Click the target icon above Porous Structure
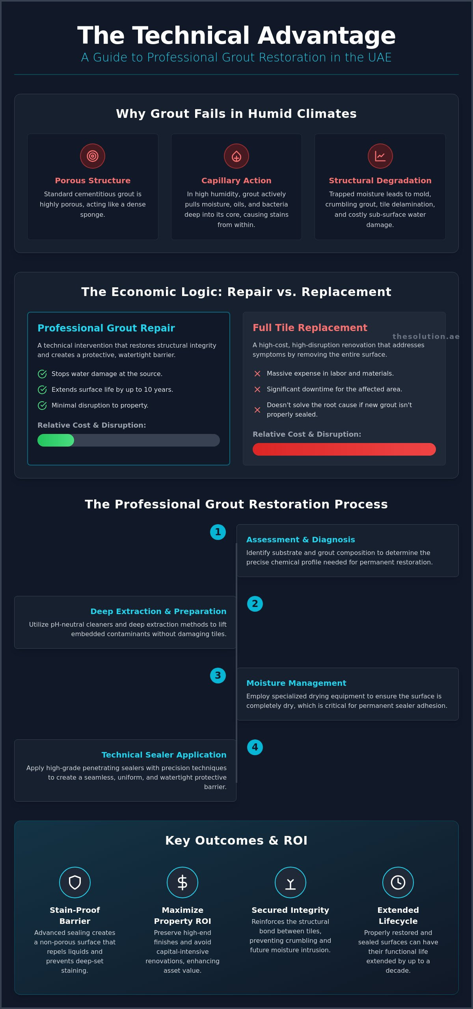click(93, 156)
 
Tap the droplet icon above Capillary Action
click(236, 156)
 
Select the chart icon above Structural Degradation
click(380, 156)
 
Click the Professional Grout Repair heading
click(106, 328)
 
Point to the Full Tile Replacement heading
click(310, 328)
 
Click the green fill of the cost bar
click(56, 440)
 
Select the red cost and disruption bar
click(344, 449)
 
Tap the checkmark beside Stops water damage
click(42, 374)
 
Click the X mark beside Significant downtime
click(257, 389)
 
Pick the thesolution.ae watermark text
click(426, 336)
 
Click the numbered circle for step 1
click(218, 532)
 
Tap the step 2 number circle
click(255, 604)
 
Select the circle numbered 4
click(255, 747)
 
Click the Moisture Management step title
click(296, 683)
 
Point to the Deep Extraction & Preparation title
click(158, 611)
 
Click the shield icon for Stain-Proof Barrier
click(75, 882)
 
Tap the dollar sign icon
click(182, 882)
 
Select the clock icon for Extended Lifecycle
click(398, 882)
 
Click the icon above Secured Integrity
click(291, 882)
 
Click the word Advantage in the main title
click(326, 36)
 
